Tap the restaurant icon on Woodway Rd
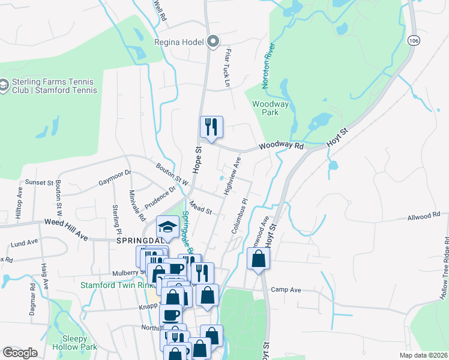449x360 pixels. point(211,127)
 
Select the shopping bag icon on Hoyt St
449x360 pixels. point(258,259)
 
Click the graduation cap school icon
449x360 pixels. point(167,227)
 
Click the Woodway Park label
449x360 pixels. point(270,108)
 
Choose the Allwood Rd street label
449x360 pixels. point(424,218)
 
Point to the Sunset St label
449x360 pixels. point(39,182)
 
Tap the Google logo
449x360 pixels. point(20,353)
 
